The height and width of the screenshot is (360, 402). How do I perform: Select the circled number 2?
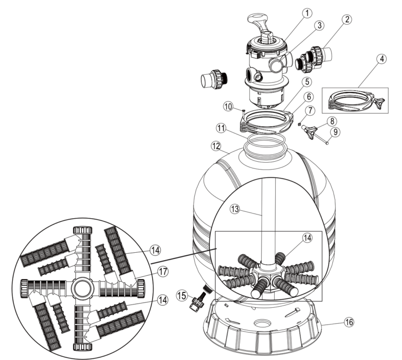pos(347,19)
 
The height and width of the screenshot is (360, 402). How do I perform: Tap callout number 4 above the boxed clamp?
pos(382,59)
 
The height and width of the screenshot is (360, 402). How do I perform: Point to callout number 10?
pos(228,106)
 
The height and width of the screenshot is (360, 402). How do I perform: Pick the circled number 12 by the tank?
pos(216,146)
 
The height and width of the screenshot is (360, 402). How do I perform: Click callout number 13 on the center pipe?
pos(234,209)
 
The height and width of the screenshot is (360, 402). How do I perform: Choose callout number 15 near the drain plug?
pos(181,296)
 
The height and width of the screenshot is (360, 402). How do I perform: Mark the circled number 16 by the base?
pos(349,322)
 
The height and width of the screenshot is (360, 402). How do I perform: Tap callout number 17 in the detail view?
pos(163,272)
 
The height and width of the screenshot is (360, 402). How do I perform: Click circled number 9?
pos(336,132)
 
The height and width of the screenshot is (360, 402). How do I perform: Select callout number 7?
pos(310,111)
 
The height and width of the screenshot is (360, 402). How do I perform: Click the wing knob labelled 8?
pos(310,131)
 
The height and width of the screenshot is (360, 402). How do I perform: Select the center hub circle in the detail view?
pos(82,288)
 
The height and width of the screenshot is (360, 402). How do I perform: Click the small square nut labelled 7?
pos(299,125)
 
